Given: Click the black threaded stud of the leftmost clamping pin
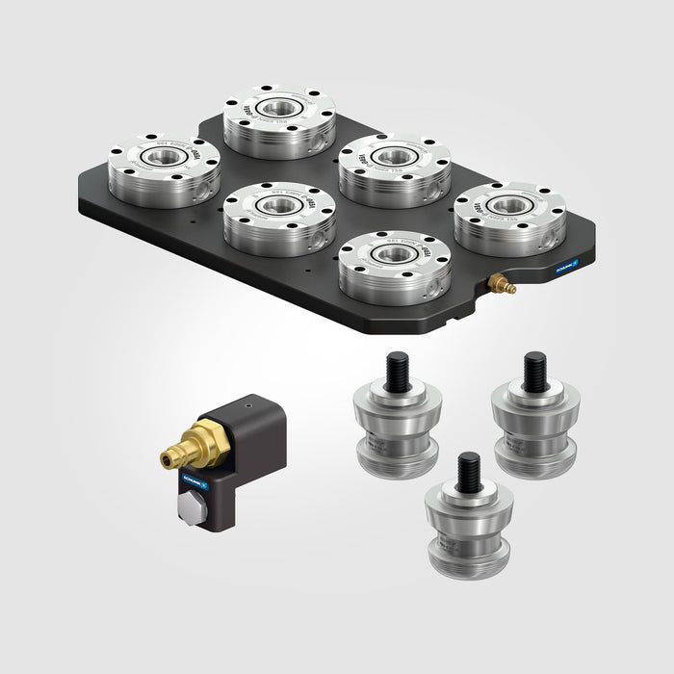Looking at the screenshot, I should coord(398,372).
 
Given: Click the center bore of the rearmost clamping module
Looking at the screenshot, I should coord(279,107).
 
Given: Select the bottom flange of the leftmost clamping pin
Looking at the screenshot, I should coord(397,466).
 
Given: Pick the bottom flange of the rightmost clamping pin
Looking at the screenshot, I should coord(533,466).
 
